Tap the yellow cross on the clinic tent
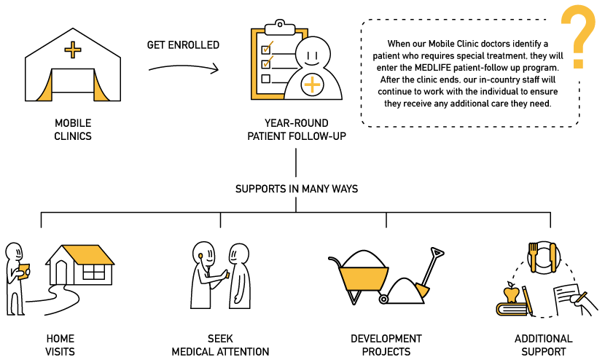click(x=72, y=50)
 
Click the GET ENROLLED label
click(x=183, y=45)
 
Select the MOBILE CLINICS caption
click(x=73, y=130)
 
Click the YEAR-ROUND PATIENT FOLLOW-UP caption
click(x=296, y=130)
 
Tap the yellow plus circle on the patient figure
click(x=312, y=85)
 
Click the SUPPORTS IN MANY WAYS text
click(x=296, y=189)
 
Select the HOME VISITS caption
click(x=60, y=345)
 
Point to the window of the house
click(x=93, y=272)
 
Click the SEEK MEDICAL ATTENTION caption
click(x=220, y=345)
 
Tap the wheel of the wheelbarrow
click(x=383, y=298)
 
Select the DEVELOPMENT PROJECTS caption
click(x=386, y=345)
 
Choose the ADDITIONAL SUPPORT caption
click(x=543, y=345)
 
